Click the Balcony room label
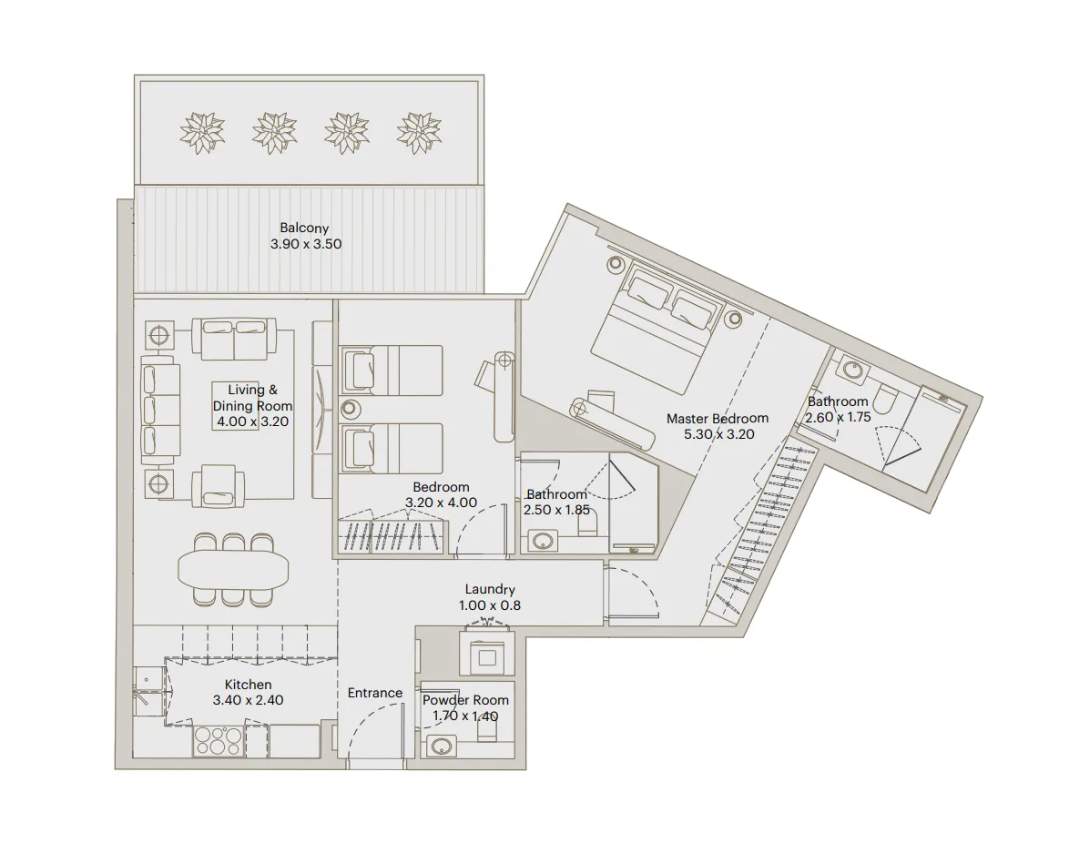pos(305,229)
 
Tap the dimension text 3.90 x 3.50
pos(305,244)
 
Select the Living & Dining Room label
pos(252,398)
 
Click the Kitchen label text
pos(248,685)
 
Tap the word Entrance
pos(374,693)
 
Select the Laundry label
pos(489,590)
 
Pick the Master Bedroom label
pos(717,419)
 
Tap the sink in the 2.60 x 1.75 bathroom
pos(853,371)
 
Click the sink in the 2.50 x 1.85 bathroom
pos(542,541)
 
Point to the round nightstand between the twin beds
pos(351,409)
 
